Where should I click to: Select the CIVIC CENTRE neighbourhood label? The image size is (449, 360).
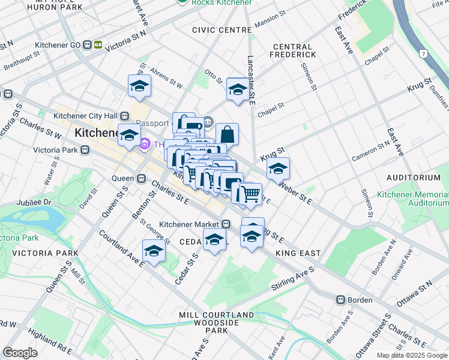[221, 30]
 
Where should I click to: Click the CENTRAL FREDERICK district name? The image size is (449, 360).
[292, 50]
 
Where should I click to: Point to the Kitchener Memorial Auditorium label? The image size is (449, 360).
[412, 199]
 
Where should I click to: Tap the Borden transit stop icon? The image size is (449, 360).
[340, 299]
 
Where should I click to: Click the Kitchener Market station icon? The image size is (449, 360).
[226, 224]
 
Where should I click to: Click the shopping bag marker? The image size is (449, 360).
[228, 134]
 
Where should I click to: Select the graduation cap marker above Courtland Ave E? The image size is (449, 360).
[154, 251]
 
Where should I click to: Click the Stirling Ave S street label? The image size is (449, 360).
[293, 279]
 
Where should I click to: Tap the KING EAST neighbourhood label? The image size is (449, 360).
[298, 254]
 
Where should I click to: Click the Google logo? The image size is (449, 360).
[20, 353]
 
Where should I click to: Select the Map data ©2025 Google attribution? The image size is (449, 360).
[411, 355]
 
